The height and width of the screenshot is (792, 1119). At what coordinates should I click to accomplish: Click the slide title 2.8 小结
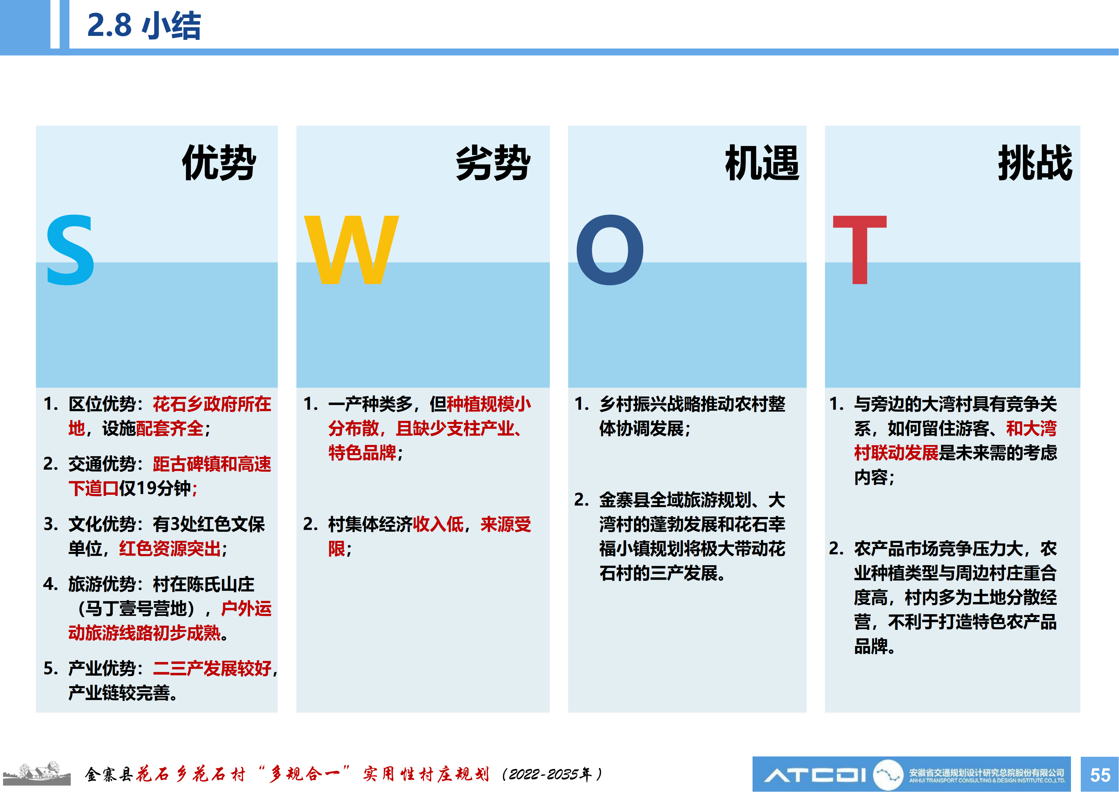click(x=144, y=25)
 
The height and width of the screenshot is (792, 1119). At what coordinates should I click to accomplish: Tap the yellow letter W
click(x=351, y=249)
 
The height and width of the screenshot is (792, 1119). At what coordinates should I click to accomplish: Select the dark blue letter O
click(x=610, y=250)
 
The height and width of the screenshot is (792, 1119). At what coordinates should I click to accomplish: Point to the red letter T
click(x=860, y=249)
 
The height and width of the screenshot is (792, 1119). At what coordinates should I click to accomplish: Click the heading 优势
click(x=219, y=163)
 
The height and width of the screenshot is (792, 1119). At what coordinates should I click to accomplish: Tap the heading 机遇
click(x=762, y=163)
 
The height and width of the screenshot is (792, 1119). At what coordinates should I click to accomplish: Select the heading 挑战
click(x=1035, y=163)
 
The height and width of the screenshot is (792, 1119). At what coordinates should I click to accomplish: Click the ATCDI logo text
click(x=815, y=774)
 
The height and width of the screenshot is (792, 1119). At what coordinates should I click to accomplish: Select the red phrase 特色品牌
click(x=362, y=453)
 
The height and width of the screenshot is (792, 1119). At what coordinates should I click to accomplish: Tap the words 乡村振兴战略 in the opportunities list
click(x=650, y=404)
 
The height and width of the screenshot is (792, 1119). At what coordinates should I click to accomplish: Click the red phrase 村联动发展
click(x=896, y=453)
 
